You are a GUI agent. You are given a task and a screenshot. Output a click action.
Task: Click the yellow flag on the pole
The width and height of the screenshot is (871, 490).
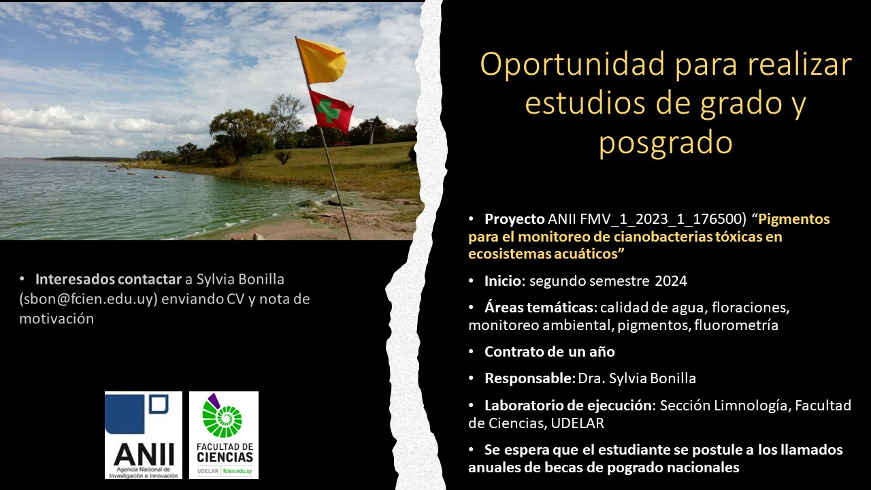click(x=321, y=61)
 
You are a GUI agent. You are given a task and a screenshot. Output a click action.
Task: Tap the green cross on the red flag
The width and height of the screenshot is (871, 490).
click(x=327, y=110)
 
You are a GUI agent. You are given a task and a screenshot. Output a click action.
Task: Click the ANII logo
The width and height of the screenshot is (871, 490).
click(x=144, y=435)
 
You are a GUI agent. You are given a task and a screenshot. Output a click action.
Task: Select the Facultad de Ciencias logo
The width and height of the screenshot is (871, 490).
click(x=224, y=435)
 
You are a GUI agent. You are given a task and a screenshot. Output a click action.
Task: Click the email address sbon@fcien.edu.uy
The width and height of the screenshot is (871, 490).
click(x=88, y=299)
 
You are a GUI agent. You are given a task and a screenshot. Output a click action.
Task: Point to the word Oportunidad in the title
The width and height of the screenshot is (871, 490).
click(x=573, y=65)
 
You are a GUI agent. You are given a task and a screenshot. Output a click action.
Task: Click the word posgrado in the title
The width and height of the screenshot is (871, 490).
click(x=665, y=143)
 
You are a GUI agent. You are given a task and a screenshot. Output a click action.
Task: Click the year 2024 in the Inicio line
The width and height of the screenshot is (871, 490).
click(x=671, y=281)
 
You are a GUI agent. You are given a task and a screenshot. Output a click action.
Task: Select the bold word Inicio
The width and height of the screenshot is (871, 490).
click(x=502, y=281)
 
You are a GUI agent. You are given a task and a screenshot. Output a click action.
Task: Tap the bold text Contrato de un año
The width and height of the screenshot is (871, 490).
click(x=549, y=352)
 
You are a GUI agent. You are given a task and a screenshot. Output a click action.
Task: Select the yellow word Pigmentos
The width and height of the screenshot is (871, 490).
click(x=794, y=219)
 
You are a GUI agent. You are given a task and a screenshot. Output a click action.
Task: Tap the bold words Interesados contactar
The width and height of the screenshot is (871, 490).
click(x=108, y=279)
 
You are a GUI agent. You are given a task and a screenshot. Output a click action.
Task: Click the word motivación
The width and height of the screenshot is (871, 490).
click(x=56, y=319)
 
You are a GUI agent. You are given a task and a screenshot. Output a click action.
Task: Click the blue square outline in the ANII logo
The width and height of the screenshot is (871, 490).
click(x=159, y=404)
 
